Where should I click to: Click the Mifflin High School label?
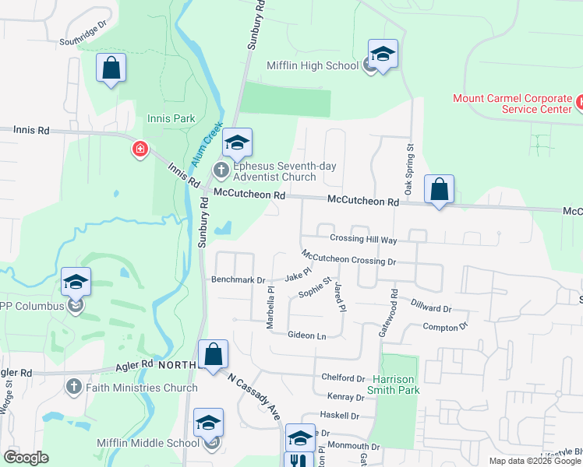point(312,66)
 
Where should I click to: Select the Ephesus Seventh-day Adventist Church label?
point(265,171)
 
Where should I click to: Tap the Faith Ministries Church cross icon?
point(74,387)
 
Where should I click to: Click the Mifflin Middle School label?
point(148,443)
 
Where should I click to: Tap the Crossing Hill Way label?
point(363,239)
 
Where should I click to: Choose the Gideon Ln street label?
point(306,335)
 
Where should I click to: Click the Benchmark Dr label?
point(238,279)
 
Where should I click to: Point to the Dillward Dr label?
point(430,309)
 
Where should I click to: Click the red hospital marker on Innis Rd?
point(140,148)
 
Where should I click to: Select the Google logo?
point(26,458)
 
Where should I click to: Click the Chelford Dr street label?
point(343,377)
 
